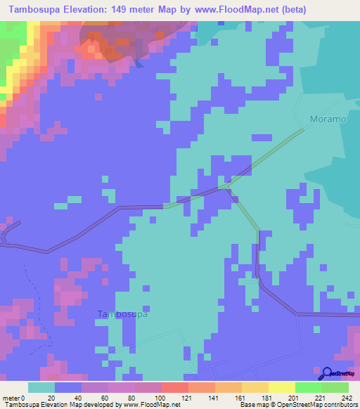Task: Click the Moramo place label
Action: pyautogui.click(x=328, y=119)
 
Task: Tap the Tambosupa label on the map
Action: pyautogui.click(x=122, y=314)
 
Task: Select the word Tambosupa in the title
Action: pyautogui.click(x=33, y=10)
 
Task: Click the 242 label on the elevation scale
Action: pyautogui.click(x=343, y=397)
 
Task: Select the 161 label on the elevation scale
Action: pyautogui.click(x=230, y=397)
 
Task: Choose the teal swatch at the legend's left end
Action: pyautogui.click(x=41, y=387)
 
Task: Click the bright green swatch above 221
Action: pyautogui.click(x=307, y=387)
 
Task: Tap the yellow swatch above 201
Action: pyautogui.click(x=281, y=387)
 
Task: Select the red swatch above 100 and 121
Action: pyautogui.click(x=174, y=387)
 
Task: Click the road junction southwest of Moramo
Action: pyautogui.click(x=226, y=186)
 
